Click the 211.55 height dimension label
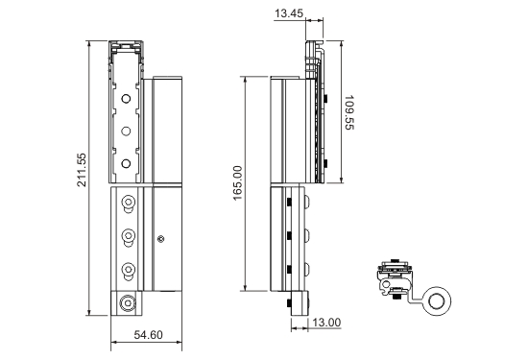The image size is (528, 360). [x=82, y=170]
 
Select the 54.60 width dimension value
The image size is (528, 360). [x=148, y=335]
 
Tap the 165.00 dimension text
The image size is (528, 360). [x=237, y=182]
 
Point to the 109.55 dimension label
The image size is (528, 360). [x=349, y=112]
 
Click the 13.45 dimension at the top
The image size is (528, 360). [x=289, y=13]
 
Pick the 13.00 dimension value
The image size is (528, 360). [x=326, y=323]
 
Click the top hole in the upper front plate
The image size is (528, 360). [x=126, y=99]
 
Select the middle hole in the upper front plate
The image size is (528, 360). [x=126, y=131]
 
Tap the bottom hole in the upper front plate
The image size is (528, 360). [x=126, y=163]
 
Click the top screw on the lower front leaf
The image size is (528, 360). [x=128, y=204]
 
